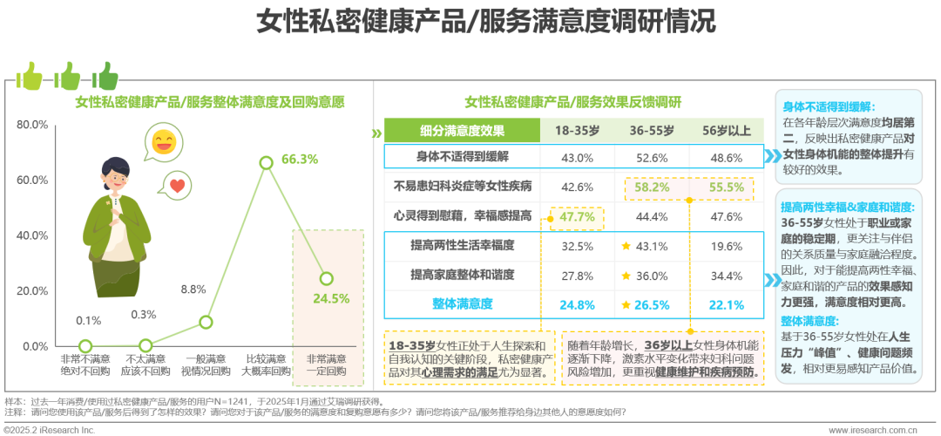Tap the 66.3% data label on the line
click(300, 160)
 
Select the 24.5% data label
click(331, 298)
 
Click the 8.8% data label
click(193, 289)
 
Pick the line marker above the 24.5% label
click(326, 278)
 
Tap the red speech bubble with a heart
click(177, 185)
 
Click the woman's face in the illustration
click(116, 178)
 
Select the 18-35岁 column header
click(574, 131)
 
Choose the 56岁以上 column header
click(727, 131)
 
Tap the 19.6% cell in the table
click(727, 246)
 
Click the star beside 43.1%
click(626, 246)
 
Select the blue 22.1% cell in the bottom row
click(727, 304)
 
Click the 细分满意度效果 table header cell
click(462, 131)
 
